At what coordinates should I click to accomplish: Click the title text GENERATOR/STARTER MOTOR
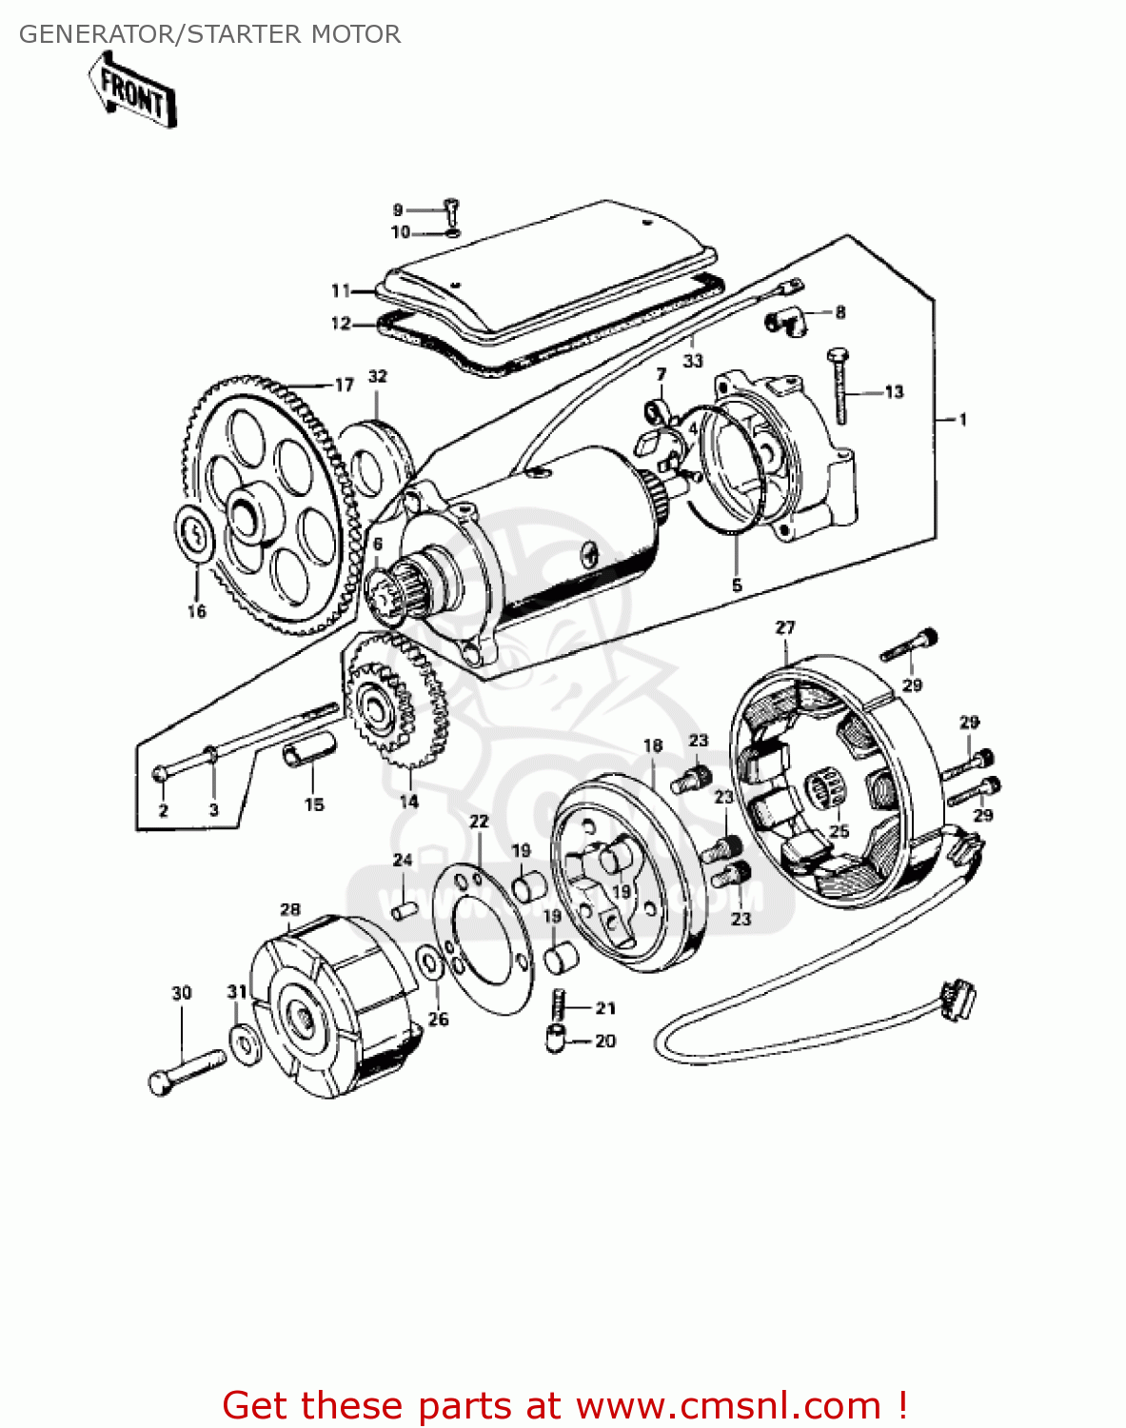click(209, 34)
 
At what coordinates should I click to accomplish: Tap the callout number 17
click(344, 385)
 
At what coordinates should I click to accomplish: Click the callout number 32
click(378, 376)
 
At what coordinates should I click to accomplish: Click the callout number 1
click(962, 419)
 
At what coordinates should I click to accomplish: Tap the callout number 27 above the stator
click(784, 627)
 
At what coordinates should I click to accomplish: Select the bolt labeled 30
click(186, 1071)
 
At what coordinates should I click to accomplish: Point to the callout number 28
click(290, 909)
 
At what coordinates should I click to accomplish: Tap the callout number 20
click(605, 1041)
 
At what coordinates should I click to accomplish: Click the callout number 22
click(479, 821)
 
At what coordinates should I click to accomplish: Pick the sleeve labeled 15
click(308, 753)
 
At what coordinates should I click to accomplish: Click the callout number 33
click(693, 360)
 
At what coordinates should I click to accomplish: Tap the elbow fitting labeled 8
click(788, 321)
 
